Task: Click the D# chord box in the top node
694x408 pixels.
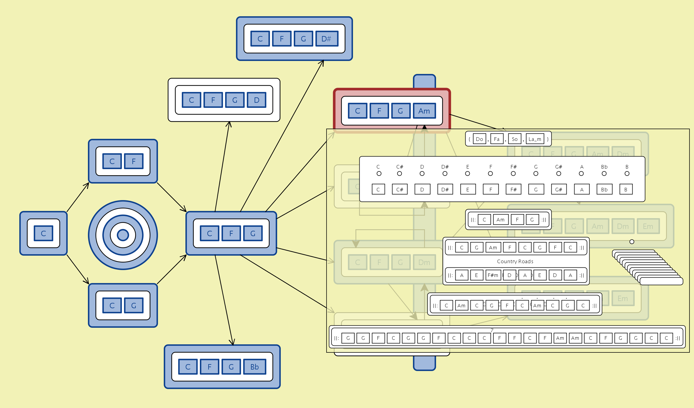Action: coord(327,39)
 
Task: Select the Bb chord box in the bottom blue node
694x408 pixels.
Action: coord(254,367)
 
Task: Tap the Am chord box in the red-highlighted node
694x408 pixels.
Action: coord(424,111)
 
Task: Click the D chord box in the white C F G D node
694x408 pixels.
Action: coord(256,100)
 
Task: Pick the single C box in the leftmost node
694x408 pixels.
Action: coord(43,233)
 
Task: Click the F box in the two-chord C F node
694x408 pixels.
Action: coord(134,161)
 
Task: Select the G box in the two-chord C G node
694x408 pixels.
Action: coord(134,306)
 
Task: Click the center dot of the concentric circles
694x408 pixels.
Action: coord(123,235)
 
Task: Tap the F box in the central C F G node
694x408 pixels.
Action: coord(231,233)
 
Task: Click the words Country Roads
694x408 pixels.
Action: coord(515,261)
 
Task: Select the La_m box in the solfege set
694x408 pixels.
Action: coord(535,139)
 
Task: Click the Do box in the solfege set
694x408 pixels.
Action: coord(479,139)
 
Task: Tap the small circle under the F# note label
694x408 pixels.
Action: coord(513,174)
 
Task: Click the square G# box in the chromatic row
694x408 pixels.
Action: coord(559,190)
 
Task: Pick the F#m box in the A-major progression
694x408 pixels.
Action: coord(493,275)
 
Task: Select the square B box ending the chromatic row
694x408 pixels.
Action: coord(626,190)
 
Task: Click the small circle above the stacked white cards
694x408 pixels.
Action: coord(632,242)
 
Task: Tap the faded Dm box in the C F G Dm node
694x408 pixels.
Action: coord(424,262)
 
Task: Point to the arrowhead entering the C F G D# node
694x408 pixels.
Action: coord(322,62)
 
